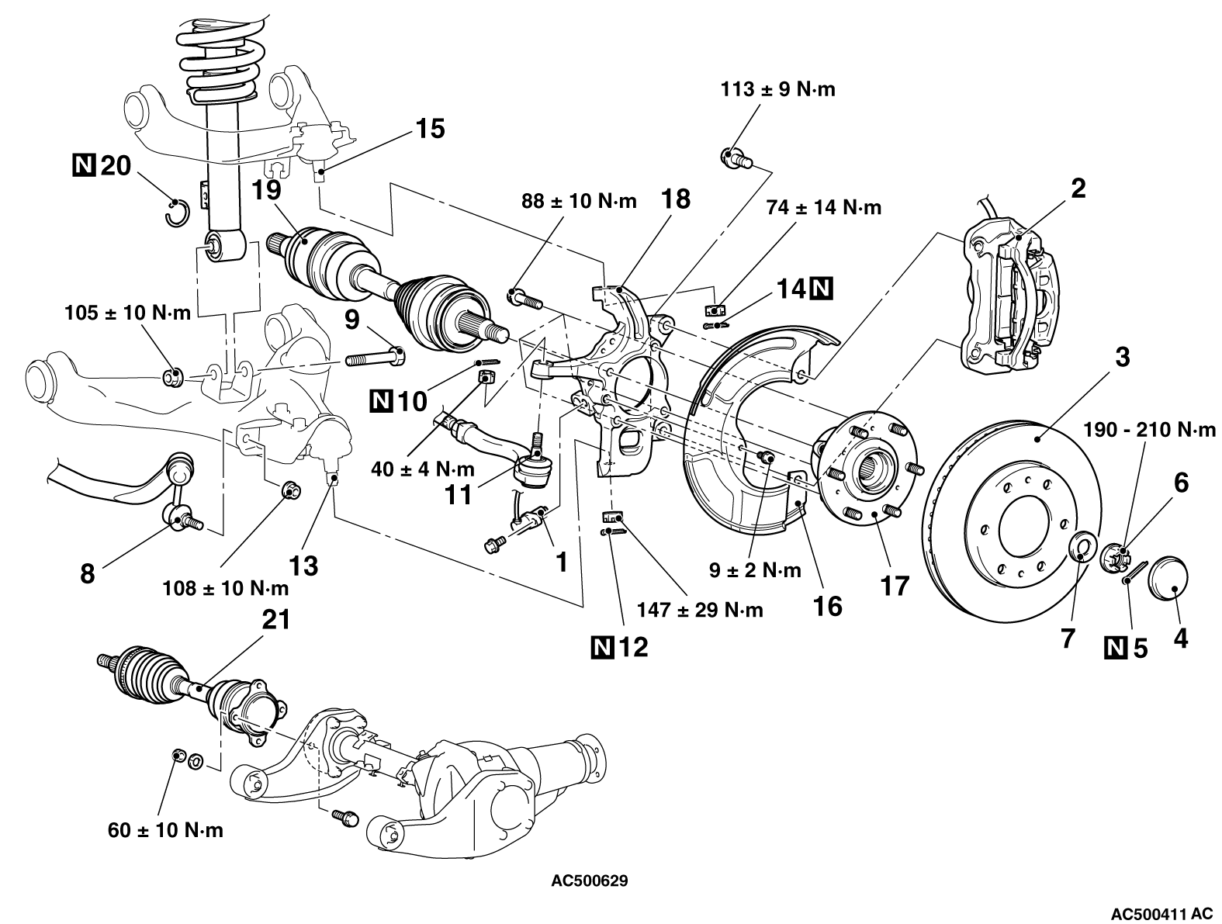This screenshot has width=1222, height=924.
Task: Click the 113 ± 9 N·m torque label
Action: [777, 89]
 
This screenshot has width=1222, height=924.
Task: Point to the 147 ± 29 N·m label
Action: [699, 610]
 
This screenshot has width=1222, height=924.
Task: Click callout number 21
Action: [277, 620]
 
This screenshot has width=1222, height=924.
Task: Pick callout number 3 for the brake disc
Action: [1122, 358]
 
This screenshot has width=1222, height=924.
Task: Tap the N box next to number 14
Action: [821, 289]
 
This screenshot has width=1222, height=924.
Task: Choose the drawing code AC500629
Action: [590, 881]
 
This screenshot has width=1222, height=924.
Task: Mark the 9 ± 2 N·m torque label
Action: [755, 571]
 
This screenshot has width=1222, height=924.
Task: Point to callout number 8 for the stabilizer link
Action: [87, 573]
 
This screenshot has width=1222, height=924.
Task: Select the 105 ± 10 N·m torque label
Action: [127, 313]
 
